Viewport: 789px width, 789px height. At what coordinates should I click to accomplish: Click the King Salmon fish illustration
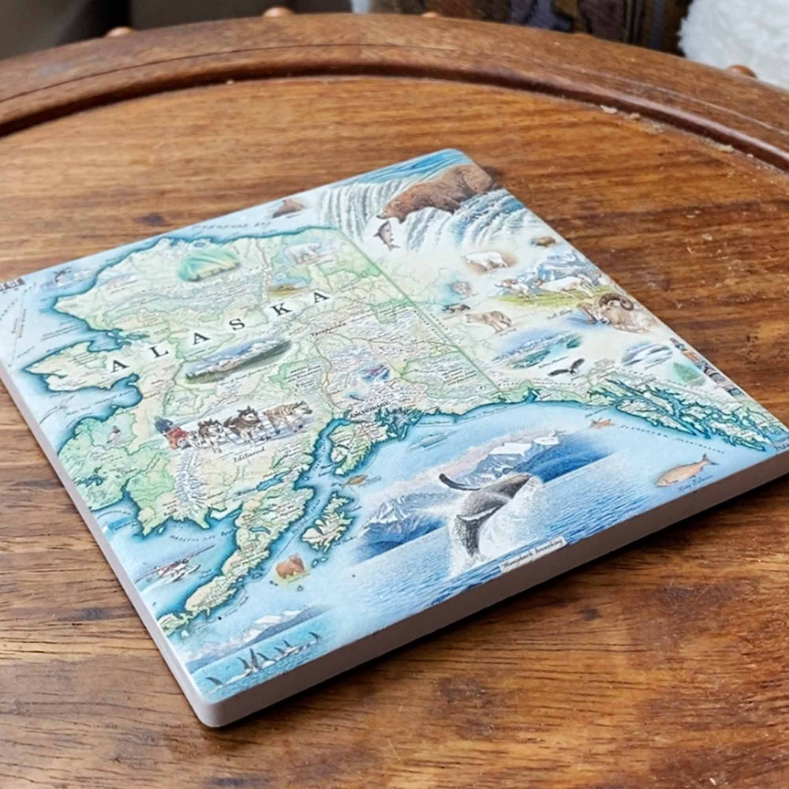(x=682, y=471)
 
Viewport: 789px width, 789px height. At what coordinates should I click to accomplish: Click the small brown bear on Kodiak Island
(x=290, y=566)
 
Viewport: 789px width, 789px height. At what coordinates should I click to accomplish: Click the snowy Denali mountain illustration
(x=237, y=357)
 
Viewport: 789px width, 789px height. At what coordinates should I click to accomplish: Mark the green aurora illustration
(x=207, y=264)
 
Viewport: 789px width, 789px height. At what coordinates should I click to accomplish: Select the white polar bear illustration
(x=304, y=253)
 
